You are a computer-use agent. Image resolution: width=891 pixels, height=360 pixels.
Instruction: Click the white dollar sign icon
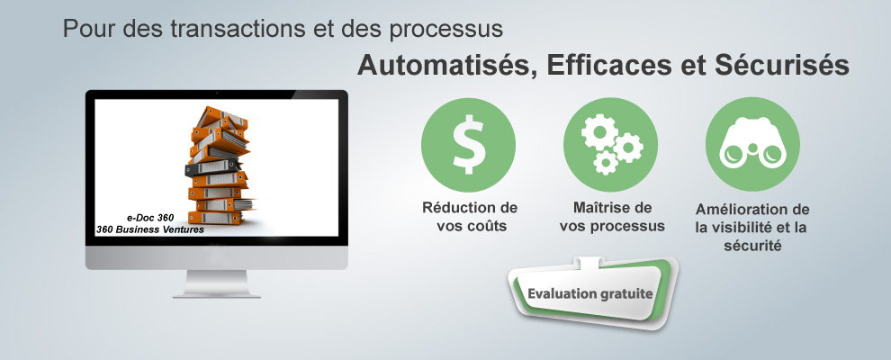(x=468, y=144)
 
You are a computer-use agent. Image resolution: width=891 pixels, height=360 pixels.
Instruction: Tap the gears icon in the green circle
(x=611, y=144)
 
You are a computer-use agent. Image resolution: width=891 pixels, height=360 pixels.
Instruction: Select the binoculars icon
(x=752, y=144)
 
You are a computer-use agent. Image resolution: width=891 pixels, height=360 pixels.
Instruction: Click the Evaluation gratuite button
(x=589, y=294)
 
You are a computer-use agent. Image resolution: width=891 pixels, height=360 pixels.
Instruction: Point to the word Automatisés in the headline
(x=446, y=66)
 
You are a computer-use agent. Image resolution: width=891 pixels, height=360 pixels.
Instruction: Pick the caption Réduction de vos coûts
(x=470, y=217)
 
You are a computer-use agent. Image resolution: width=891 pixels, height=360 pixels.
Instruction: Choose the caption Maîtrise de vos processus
(x=612, y=217)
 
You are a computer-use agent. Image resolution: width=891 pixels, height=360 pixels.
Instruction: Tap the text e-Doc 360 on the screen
(x=150, y=218)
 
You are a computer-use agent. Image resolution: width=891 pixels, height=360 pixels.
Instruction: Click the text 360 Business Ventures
(x=150, y=230)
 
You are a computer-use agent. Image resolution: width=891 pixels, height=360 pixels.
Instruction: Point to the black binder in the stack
(x=212, y=167)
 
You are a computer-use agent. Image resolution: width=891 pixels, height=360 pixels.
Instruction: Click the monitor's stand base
(x=217, y=293)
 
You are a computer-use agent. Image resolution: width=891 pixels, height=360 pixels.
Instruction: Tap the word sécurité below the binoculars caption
(x=753, y=247)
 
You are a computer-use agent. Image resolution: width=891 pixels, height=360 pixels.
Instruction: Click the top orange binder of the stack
(x=223, y=116)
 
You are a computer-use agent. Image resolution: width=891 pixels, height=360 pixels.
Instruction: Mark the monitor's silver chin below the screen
(x=217, y=257)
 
